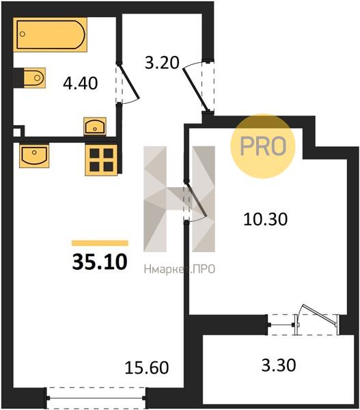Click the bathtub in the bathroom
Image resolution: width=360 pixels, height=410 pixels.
click(x=50, y=35)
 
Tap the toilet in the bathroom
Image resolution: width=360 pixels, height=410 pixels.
click(x=34, y=78)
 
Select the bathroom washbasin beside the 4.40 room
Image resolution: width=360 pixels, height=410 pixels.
click(x=95, y=126)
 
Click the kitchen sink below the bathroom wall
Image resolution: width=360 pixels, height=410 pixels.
click(x=34, y=155)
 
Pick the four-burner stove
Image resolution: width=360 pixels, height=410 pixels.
click(x=101, y=160)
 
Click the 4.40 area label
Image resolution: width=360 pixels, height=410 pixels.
click(x=81, y=83)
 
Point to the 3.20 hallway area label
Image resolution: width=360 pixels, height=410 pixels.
click(x=162, y=63)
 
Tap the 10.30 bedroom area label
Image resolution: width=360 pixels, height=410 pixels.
click(x=265, y=219)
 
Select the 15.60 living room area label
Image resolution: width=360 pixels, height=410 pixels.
click(x=147, y=368)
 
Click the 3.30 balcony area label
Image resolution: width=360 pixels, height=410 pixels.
click(x=279, y=365)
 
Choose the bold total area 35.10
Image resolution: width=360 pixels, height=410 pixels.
click(x=100, y=262)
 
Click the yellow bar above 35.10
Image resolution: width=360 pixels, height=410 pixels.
click(x=100, y=243)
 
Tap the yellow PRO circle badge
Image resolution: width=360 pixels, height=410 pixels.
click(x=263, y=146)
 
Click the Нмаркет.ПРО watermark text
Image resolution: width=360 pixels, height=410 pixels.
click(x=180, y=269)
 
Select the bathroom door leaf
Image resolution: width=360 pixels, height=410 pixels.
click(x=129, y=81)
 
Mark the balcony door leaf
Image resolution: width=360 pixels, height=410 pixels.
click(x=320, y=315)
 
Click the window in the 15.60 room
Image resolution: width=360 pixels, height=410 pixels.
click(x=96, y=398)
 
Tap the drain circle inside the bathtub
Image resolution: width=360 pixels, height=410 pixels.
click(x=23, y=33)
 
